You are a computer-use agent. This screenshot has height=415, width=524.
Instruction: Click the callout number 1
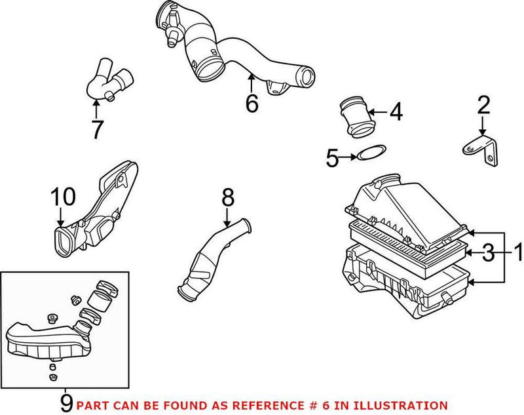[x=517, y=251]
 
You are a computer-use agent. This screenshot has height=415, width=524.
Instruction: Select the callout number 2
[x=483, y=105]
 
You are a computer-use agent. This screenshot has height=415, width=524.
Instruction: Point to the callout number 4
[x=395, y=112]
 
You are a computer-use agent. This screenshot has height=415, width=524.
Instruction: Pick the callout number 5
[x=333, y=157]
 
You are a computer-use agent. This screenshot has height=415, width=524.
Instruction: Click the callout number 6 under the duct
[x=252, y=103]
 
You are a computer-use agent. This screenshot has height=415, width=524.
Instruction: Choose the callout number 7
[x=97, y=129]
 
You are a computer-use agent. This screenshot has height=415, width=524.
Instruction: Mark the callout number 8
[x=227, y=195]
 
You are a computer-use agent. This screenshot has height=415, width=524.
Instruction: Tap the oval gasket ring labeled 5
[x=371, y=155]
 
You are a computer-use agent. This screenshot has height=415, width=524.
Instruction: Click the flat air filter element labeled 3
[x=406, y=239]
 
